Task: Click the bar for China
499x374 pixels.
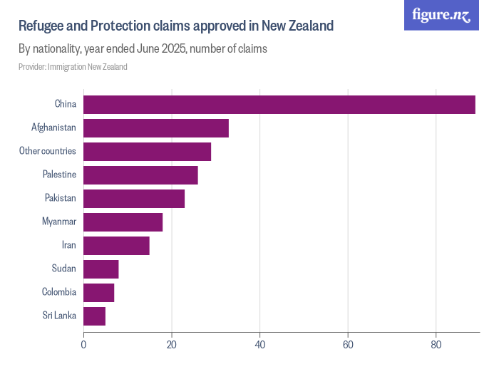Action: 279,104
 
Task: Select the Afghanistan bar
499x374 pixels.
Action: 156,128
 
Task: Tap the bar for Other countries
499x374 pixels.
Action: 148,152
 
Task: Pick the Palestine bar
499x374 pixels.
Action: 140,175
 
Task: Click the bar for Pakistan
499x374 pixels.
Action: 134,199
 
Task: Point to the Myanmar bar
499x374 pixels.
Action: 123,222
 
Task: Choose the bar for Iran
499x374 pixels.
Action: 116,246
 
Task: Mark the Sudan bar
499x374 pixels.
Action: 101,269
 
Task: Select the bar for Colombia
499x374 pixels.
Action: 99,293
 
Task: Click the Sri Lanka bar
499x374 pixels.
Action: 95,316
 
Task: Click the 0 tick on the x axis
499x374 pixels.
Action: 84,345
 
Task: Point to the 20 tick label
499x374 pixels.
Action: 172,345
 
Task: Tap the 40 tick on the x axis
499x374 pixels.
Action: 259,345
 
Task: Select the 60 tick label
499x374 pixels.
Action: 348,345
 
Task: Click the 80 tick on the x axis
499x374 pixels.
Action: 436,345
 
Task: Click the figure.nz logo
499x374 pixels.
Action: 441,15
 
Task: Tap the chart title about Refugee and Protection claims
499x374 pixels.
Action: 175,26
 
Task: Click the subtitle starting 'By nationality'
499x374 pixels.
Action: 143,49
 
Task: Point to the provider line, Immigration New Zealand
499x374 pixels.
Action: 73,67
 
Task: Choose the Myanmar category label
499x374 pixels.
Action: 59,222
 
